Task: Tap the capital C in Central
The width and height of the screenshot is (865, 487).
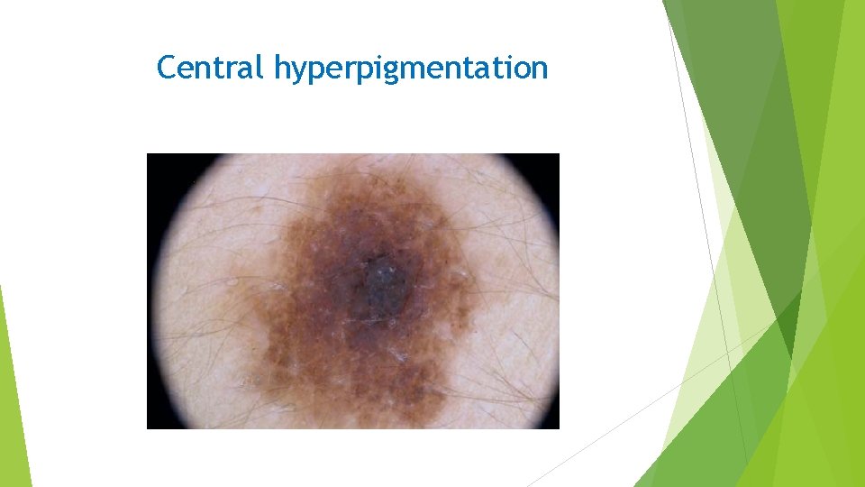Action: click(167, 68)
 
